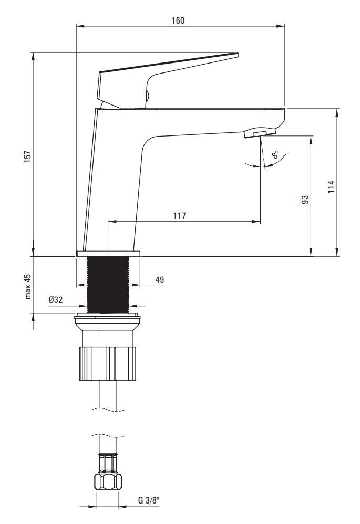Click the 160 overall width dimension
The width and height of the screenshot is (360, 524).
(178, 20)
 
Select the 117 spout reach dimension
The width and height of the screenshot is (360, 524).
(179, 216)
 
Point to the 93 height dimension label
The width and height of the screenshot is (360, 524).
(305, 200)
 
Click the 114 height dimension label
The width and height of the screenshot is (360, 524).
(331, 186)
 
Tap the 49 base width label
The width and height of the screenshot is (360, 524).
(160, 280)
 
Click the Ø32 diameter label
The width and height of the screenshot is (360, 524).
(56, 300)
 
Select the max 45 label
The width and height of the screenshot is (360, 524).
(28, 286)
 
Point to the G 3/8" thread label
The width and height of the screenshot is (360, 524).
(148, 500)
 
